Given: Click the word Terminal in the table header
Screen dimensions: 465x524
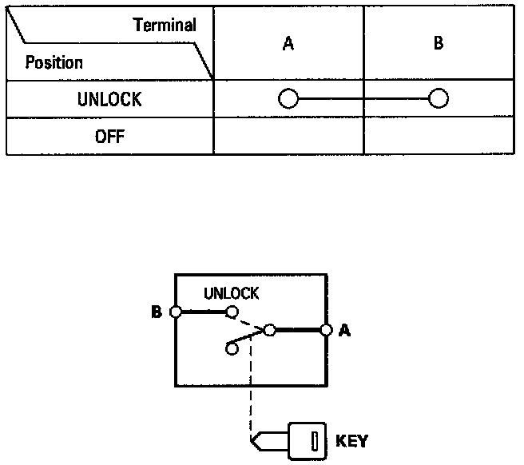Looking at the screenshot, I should coord(165,25).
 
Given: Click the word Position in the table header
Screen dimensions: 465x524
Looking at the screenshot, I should coord(54,62).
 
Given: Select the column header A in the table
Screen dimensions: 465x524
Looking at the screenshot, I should coord(288,45).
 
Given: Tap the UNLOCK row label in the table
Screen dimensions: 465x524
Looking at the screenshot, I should coord(109,99).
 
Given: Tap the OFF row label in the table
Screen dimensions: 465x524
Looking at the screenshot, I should coord(109,135).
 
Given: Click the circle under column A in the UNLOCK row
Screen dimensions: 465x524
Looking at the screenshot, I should coord(288,99).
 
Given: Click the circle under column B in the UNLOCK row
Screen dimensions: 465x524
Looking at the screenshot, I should coord(438,99).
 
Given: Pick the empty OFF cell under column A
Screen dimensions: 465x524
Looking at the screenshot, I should coord(288,136).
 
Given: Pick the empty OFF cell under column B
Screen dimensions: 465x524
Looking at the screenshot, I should coord(439,136).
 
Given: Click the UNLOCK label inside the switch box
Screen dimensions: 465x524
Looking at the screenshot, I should coord(231,293).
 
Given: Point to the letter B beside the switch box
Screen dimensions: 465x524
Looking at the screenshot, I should coord(157,312).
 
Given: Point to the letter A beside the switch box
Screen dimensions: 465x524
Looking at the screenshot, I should coord(345,329).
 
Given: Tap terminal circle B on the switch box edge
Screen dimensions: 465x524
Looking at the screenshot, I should coord(175,312).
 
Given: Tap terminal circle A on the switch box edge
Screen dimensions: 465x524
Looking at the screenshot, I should coord(325,329).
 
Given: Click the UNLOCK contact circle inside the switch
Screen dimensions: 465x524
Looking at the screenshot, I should coord(232,312).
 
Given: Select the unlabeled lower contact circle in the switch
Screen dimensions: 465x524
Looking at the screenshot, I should coord(232,348).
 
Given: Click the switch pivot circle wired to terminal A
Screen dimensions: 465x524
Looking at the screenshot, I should coord(270,329).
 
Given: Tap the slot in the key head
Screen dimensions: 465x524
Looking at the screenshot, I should coord(315,441).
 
